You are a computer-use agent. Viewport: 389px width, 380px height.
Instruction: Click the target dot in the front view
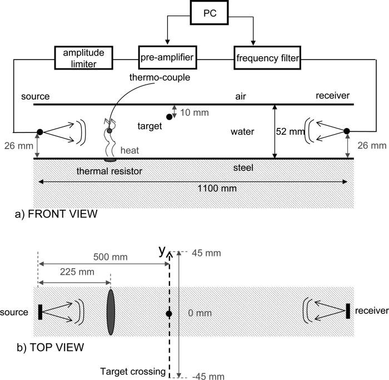click(169, 116)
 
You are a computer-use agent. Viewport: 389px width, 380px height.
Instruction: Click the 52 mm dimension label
click(290, 132)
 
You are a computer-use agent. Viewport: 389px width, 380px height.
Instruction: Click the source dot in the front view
click(39, 132)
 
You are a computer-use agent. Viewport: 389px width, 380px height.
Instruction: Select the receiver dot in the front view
click(347, 131)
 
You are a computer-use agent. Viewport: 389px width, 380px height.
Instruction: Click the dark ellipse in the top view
click(111, 312)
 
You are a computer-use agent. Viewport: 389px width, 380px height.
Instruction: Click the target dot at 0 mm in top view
click(169, 314)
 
